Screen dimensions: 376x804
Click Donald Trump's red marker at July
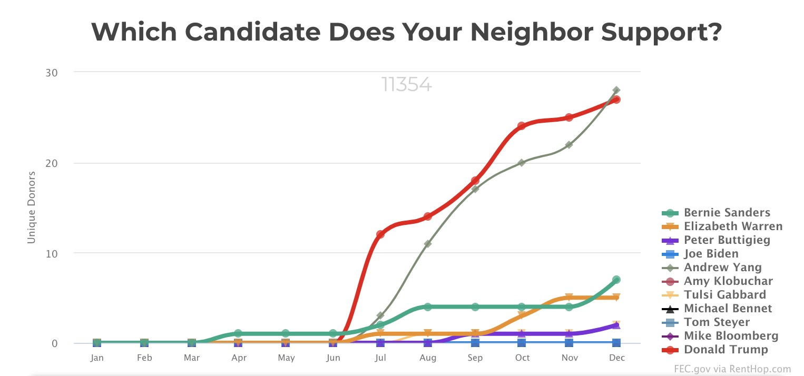pyautogui.click(x=380, y=234)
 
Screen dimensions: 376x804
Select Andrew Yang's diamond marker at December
pyautogui.click(x=616, y=91)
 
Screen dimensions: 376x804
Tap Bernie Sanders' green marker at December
pyautogui.click(x=616, y=280)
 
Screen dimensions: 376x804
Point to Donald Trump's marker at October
pyautogui.click(x=522, y=126)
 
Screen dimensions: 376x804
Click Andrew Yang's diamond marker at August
pyautogui.click(x=427, y=244)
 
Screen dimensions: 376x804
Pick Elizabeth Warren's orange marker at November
pyautogui.click(x=569, y=298)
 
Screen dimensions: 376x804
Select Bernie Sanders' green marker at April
pyautogui.click(x=238, y=333)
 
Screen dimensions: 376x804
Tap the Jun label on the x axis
pyautogui.click(x=333, y=358)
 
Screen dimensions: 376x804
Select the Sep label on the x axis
pyautogui.click(x=475, y=358)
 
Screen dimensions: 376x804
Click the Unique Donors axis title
pyautogui.click(x=32, y=207)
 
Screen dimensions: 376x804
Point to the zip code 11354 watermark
pyautogui.click(x=406, y=85)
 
